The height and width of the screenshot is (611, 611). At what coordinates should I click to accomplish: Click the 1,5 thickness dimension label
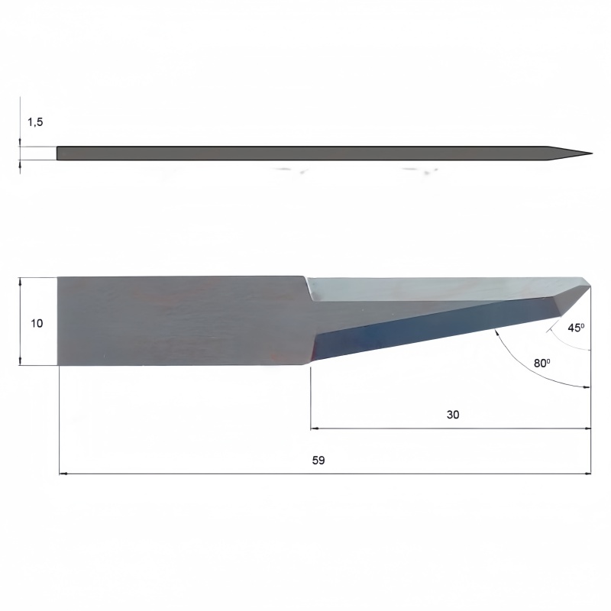tap(35, 122)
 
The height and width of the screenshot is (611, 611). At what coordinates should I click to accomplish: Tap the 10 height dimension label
tap(37, 323)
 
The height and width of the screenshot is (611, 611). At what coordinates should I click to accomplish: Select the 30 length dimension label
tap(453, 415)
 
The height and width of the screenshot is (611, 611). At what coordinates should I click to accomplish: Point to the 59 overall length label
tap(318, 461)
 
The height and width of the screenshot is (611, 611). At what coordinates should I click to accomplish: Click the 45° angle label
tap(576, 328)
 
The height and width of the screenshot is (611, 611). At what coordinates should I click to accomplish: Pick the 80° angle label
tap(542, 364)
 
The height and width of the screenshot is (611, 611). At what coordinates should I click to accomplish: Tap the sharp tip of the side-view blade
tap(593, 154)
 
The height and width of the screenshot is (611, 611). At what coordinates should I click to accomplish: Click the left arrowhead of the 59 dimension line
tap(63, 474)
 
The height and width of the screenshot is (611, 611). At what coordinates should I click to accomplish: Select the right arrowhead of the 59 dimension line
tap(587, 474)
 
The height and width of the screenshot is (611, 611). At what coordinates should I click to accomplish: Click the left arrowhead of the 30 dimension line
tap(315, 428)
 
